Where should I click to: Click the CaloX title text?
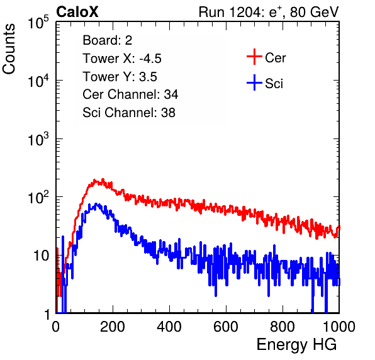pos(77,12)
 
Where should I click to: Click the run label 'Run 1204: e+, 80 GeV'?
pos(269,12)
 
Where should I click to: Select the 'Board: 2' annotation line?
pos(107,40)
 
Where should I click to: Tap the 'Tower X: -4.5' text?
pos(122,59)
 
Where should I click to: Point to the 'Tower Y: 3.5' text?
pos(120,77)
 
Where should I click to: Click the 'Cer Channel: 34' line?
pos(130,94)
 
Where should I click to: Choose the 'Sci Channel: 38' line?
pos(129,113)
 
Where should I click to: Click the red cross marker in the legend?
pos(254,57)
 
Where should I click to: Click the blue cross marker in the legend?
pos(254,82)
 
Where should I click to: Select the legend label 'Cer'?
pos(275,58)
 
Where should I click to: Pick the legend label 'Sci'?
pos(274,84)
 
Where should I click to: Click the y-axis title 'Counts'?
pos(9,49)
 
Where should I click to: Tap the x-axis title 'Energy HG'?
pos(296,345)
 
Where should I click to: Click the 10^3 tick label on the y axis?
pos(38,139)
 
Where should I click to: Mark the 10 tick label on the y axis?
pos(42,256)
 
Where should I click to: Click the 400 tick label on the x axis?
pos(169,327)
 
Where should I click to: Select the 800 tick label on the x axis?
pos(283,327)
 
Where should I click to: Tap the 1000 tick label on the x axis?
pos(339,327)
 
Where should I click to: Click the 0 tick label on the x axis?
pos(56,327)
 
